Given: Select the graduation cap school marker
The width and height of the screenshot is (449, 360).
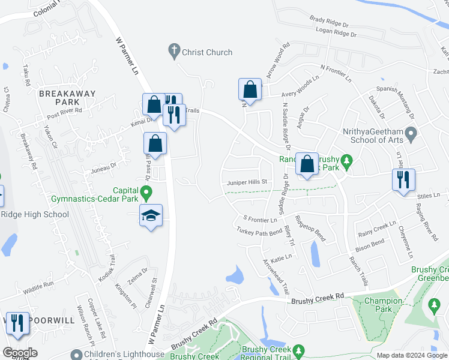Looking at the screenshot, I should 151,215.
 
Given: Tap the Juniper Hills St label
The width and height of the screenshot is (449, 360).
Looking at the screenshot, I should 247,182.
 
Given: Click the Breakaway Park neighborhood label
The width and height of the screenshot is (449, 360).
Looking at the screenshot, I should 68,98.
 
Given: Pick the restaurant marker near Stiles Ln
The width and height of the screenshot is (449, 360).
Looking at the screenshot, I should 403,179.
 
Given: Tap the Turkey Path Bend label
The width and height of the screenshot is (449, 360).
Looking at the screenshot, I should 259,232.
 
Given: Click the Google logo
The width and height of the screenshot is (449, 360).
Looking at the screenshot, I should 20,353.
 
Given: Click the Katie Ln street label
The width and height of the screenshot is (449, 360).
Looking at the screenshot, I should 281,257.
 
